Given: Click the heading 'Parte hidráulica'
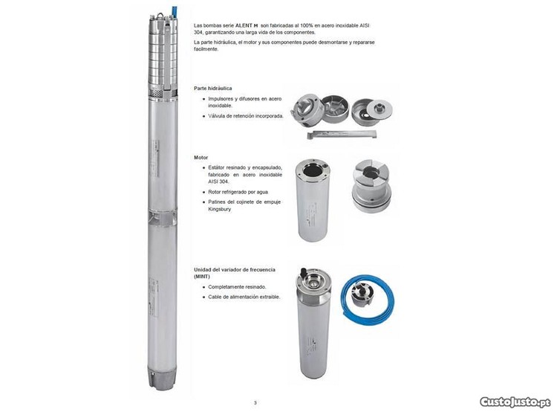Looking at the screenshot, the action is (213, 88).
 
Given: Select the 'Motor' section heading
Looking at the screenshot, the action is (201, 157).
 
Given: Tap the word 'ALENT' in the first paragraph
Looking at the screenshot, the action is (244, 25).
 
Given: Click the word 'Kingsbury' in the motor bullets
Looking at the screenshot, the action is (220, 209).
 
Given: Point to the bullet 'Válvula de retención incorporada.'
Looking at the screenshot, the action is (246, 116).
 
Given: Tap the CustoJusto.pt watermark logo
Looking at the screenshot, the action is (515, 402).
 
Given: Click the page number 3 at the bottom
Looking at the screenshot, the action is (255, 402).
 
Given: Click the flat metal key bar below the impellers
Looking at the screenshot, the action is (342, 134).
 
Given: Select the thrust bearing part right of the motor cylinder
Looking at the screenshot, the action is (371, 186).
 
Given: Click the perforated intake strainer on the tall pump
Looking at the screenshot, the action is (163, 94).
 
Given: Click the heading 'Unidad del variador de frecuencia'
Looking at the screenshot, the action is (235, 270).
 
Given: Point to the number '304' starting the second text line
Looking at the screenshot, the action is (198, 33).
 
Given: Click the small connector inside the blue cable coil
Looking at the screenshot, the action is (361, 292).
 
